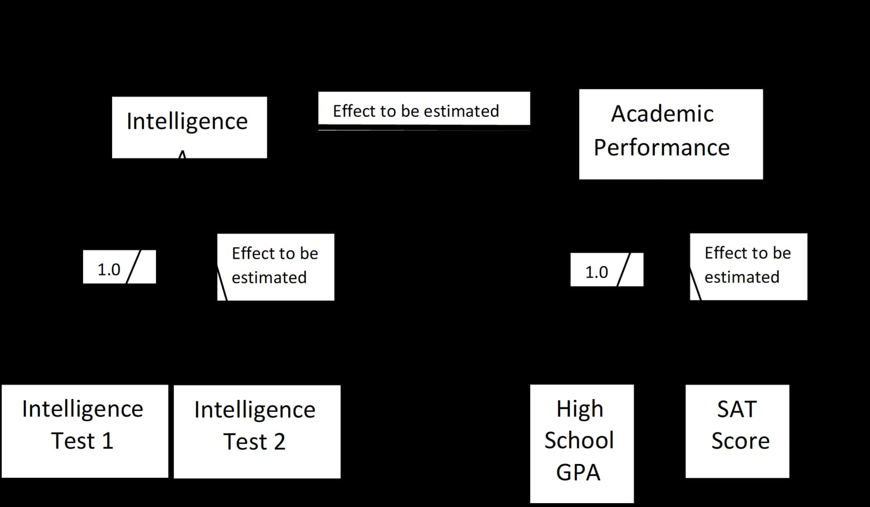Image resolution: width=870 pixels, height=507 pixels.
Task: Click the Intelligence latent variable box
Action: click(x=190, y=127)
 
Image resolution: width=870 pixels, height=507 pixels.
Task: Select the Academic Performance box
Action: click(x=671, y=134)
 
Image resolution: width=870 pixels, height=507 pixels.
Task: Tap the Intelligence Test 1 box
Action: click(x=85, y=431)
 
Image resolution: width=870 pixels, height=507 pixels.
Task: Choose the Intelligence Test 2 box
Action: click(x=257, y=431)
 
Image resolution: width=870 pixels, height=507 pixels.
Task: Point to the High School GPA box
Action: click(x=582, y=444)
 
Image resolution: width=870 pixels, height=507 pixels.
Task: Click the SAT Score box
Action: click(x=737, y=431)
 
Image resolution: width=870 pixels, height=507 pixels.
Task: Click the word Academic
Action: click(x=662, y=114)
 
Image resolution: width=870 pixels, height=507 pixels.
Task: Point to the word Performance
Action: click(x=662, y=147)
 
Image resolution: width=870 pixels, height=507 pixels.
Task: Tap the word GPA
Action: click(x=579, y=472)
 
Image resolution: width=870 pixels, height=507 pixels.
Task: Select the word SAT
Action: click(x=737, y=409)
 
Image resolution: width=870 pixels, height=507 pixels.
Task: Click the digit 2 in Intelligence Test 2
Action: click(x=279, y=442)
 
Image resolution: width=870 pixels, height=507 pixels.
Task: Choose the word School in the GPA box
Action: click(x=579, y=440)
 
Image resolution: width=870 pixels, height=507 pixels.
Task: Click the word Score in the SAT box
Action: click(x=740, y=441)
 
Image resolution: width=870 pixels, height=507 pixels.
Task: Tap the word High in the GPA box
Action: click(x=580, y=410)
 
